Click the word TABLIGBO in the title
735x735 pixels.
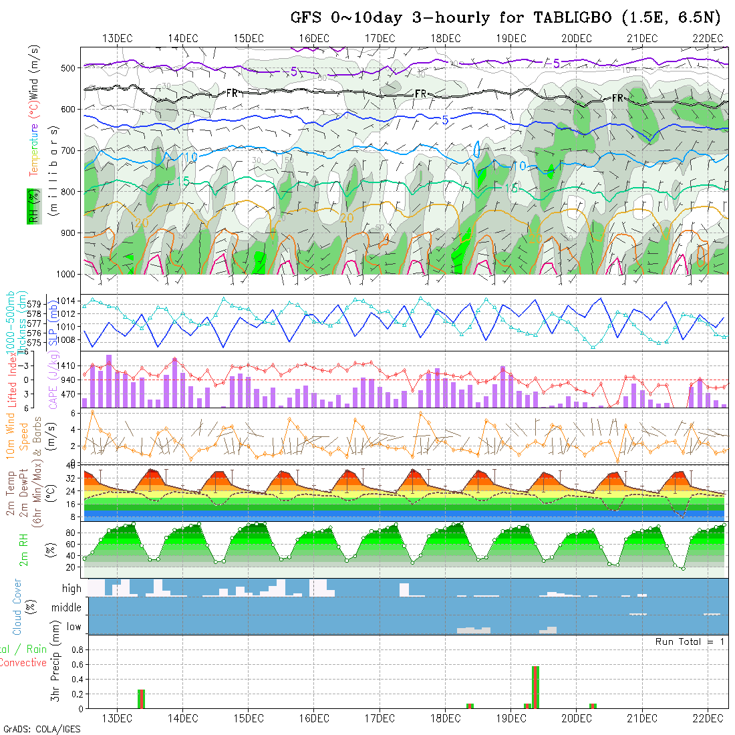pyautogui.click(x=573, y=18)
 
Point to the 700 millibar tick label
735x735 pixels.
pyautogui.click(x=67, y=150)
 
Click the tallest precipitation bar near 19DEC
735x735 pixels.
pyautogui.click(x=535, y=686)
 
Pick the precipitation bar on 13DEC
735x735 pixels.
pyautogui.click(x=141, y=698)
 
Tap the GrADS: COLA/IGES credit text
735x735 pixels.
pyautogui.click(x=41, y=729)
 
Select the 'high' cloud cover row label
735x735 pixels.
pyautogui.click(x=71, y=589)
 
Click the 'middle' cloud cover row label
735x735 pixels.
pyautogui.click(x=67, y=608)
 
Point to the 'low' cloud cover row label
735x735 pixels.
pyautogui.click(x=73, y=627)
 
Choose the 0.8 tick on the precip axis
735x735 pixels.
pyautogui.click(x=77, y=649)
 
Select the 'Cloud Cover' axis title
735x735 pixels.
pyautogui.click(x=17, y=607)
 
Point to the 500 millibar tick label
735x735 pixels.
pyautogui.click(x=67, y=67)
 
